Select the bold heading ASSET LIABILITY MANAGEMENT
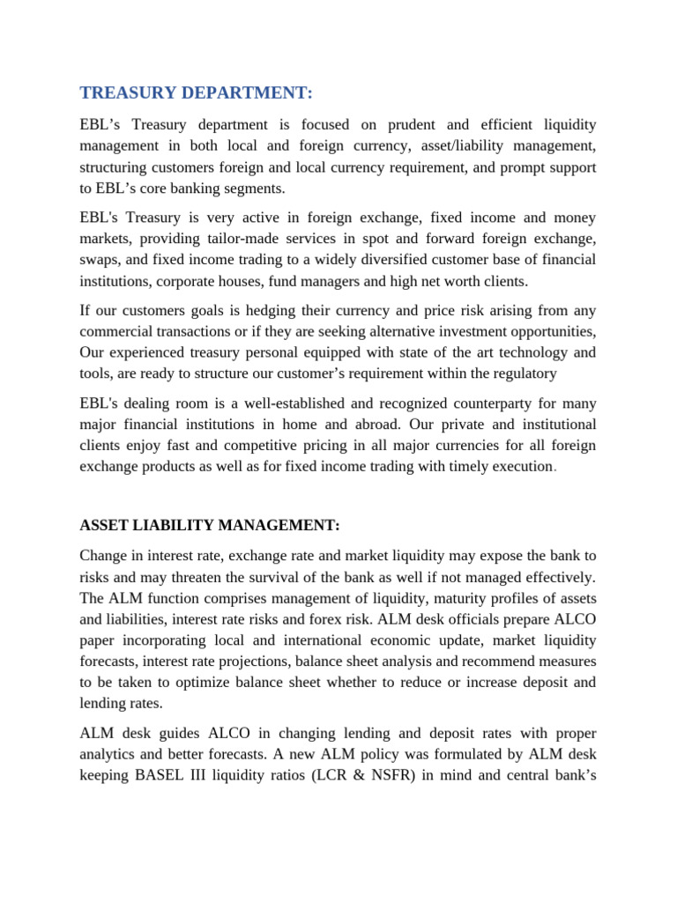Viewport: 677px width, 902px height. pos(209,526)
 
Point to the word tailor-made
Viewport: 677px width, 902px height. pos(219,239)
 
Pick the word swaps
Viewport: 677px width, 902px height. pos(100,260)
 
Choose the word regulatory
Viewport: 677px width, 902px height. pos(523,374)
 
